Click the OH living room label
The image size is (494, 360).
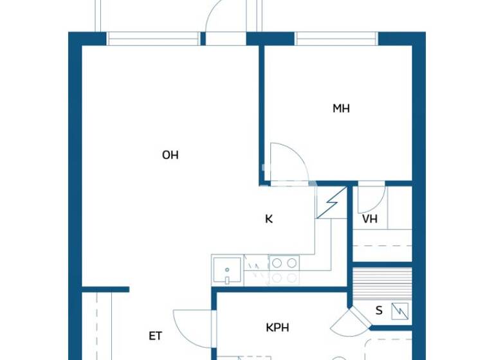coord(170,155)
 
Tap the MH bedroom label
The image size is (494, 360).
coord(341,109)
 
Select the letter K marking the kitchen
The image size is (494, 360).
coord(269,219)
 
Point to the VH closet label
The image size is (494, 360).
coord(370,219)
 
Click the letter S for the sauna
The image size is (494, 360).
coord(379,311)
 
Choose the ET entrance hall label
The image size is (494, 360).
coord(155,336)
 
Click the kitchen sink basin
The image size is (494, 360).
coord(227,270)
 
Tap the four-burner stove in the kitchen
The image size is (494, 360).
coord(284,270)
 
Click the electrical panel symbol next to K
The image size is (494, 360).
coord(332,204)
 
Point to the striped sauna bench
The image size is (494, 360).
coord(383,283)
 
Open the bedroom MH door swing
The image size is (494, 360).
coord(287,163)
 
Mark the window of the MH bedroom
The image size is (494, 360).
coord(336,39)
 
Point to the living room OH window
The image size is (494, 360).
coord(153,39)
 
